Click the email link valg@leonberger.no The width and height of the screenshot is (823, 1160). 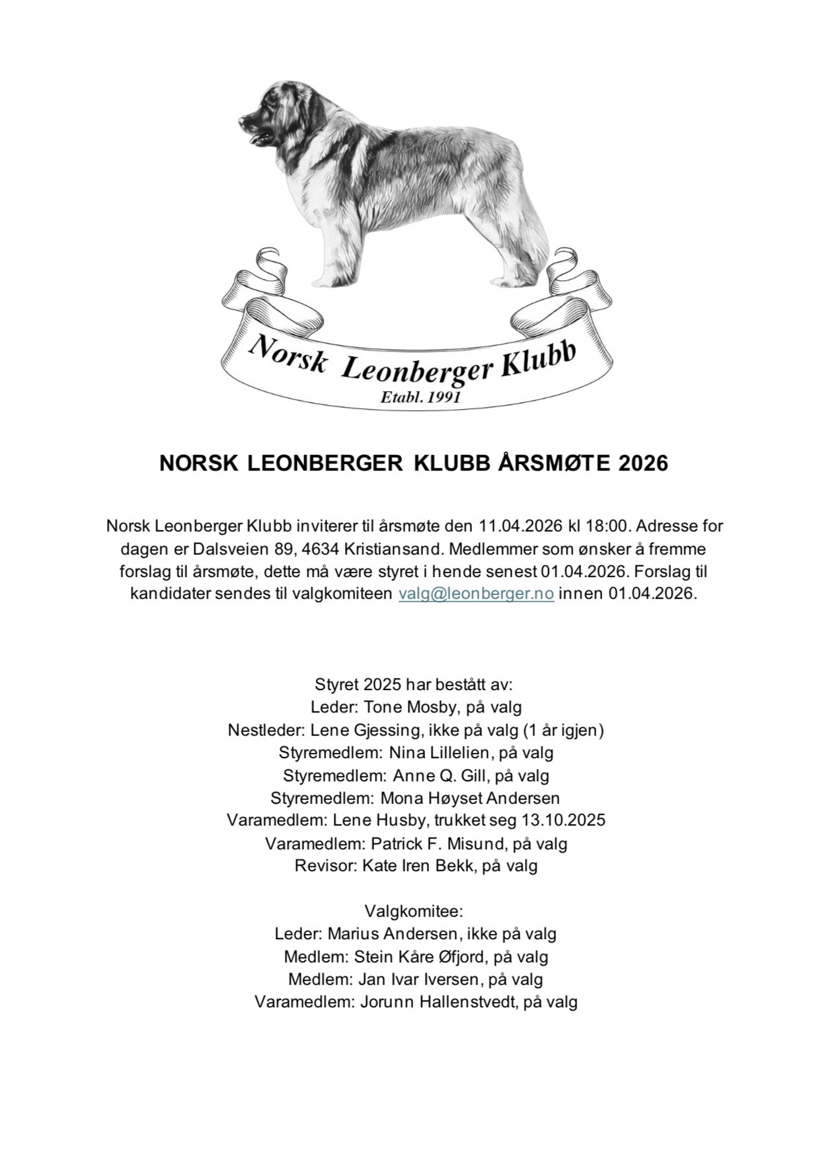point(476,593)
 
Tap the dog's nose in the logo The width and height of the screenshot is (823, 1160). point(242,123)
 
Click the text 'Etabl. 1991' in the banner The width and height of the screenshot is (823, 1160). point(420,397)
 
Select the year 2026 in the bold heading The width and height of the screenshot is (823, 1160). point(643,463)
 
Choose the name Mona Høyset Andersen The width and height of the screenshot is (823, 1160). point(470,798)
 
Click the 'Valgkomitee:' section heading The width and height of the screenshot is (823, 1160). point(414,911)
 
